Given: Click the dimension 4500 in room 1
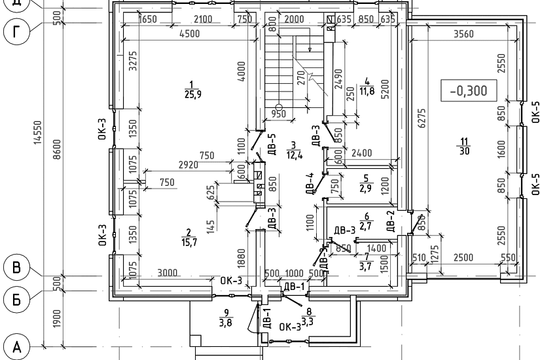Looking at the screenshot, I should pyautogui.click(x=185, y=35).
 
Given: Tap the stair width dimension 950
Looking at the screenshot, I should pyautogui.click(x=279, y=115).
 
